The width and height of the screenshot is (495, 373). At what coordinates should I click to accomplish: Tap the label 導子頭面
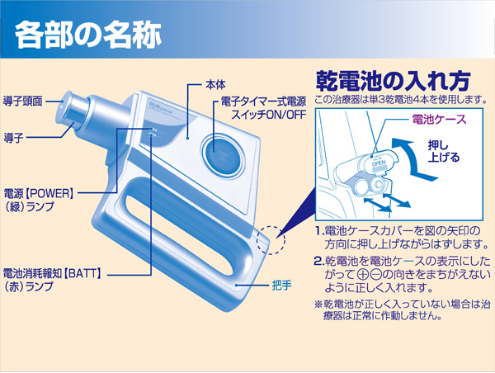click(x=25, y=96)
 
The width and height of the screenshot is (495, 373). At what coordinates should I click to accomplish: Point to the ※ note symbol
click(x=318, y=303)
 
